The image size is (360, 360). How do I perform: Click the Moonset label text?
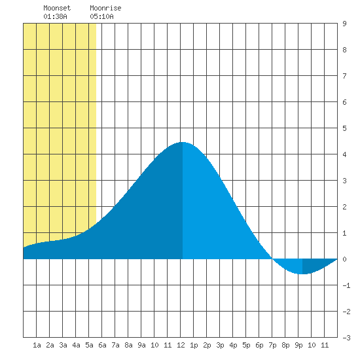click(57, 8)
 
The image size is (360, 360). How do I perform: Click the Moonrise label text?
click(105, 8)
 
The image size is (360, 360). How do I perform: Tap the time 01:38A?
click(56, 16)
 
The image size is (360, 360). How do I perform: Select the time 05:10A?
click(101, 16)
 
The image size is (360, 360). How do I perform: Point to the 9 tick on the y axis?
click(344, 24)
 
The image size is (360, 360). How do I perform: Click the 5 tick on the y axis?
click(344, 128)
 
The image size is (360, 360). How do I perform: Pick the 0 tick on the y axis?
click(344, 259)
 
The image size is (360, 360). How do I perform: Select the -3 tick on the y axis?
click(346, 338)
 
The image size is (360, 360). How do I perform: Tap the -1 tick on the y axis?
click(346, 285)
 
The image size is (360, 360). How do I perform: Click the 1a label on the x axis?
click(37, 345)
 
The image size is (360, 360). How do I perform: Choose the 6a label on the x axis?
click(102, 345)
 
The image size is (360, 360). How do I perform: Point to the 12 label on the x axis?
click(181, 345)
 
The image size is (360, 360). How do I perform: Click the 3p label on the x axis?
click(220, 345)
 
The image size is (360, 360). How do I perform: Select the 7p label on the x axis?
click(272, 345)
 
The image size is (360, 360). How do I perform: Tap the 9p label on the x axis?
click(298, 345)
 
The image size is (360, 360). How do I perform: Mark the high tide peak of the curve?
click(183, 142)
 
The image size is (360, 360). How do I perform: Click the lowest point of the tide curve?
click(302, 274)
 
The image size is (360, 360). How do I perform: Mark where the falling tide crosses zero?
click(272, 259)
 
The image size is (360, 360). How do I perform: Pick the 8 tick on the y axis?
click(344, 50)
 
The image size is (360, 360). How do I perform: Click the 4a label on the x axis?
click(76, 345)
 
